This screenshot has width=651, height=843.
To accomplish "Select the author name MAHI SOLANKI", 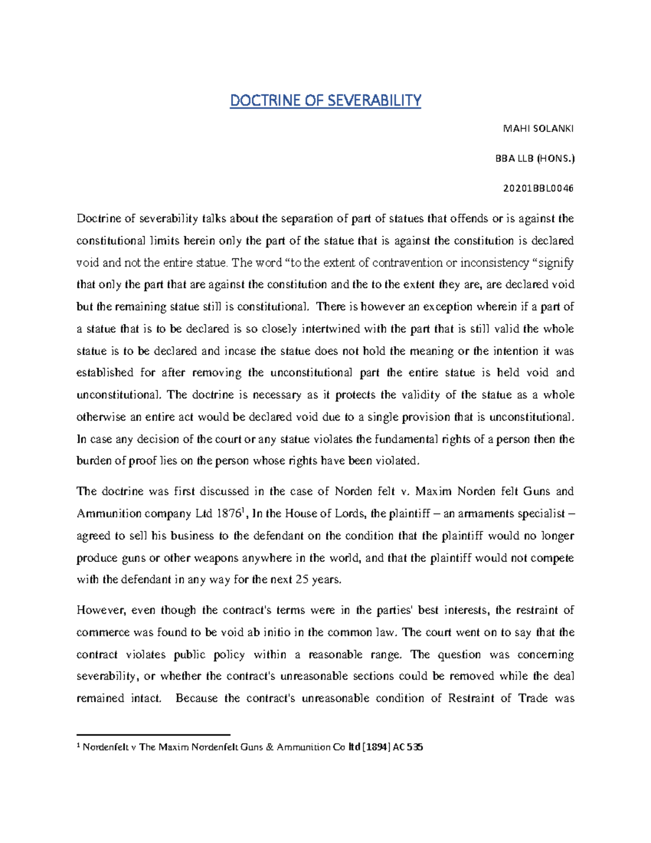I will coord(538,129).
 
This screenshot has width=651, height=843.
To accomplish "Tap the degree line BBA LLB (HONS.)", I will coord(534,159).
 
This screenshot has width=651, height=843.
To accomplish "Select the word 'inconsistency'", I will coord(495,263).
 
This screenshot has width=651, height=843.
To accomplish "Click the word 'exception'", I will coord(448,307).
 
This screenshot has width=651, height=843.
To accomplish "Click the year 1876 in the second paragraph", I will coord(228,514).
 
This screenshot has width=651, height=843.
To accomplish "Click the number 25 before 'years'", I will coord(302,580).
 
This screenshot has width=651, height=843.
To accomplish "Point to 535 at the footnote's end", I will coord(415,747).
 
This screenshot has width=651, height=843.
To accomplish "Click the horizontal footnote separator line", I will coord(154,734).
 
